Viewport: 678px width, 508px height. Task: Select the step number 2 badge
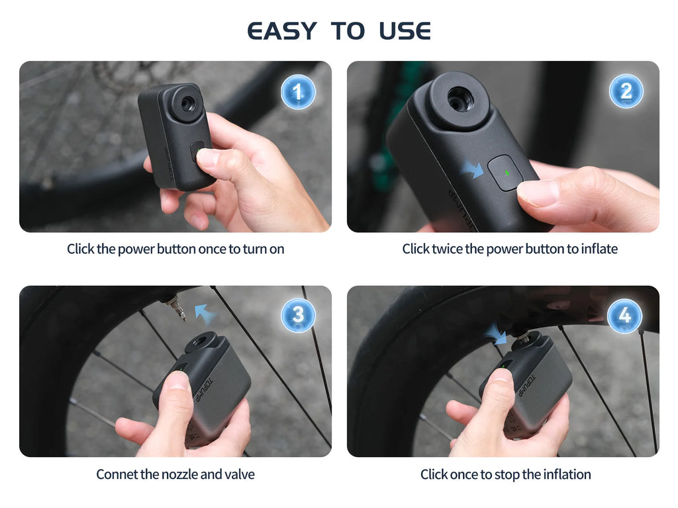[626, 91]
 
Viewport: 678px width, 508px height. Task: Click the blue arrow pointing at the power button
[473, 169]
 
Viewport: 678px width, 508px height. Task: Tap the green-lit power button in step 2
[506, 173]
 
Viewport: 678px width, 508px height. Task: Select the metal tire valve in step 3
[176, 308]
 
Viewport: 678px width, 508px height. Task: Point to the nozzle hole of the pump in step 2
[460, 99]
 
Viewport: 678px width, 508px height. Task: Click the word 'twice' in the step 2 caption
[448, 249]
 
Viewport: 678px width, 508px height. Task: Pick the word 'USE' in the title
[405, 31]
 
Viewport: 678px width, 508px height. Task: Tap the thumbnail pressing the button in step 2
[540, 193]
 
